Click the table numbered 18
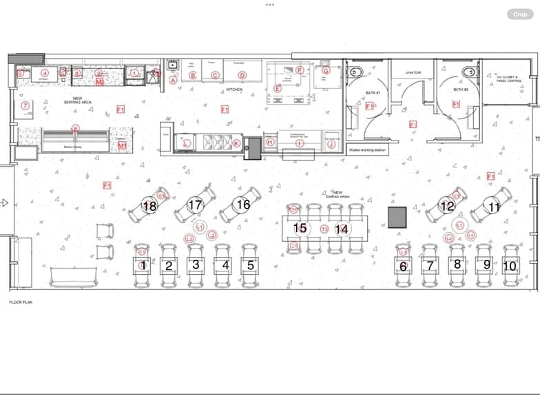[149, 205]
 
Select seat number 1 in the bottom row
[143, 265]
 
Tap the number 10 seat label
[510, 265]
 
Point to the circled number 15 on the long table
[300, 228]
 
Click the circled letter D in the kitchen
[242, 75]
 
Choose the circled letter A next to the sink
[174, 80]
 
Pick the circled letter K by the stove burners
[236, 143]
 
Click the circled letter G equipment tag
[326, 70]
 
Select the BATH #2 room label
[461, 90]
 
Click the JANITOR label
[413, 72]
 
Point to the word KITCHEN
[235, 90]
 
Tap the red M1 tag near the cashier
[122, 145]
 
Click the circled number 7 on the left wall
[25, 105]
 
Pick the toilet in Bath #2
[470, 72]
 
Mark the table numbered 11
[494, 207]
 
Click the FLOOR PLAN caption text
[21, 302]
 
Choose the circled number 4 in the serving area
[45, 72]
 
